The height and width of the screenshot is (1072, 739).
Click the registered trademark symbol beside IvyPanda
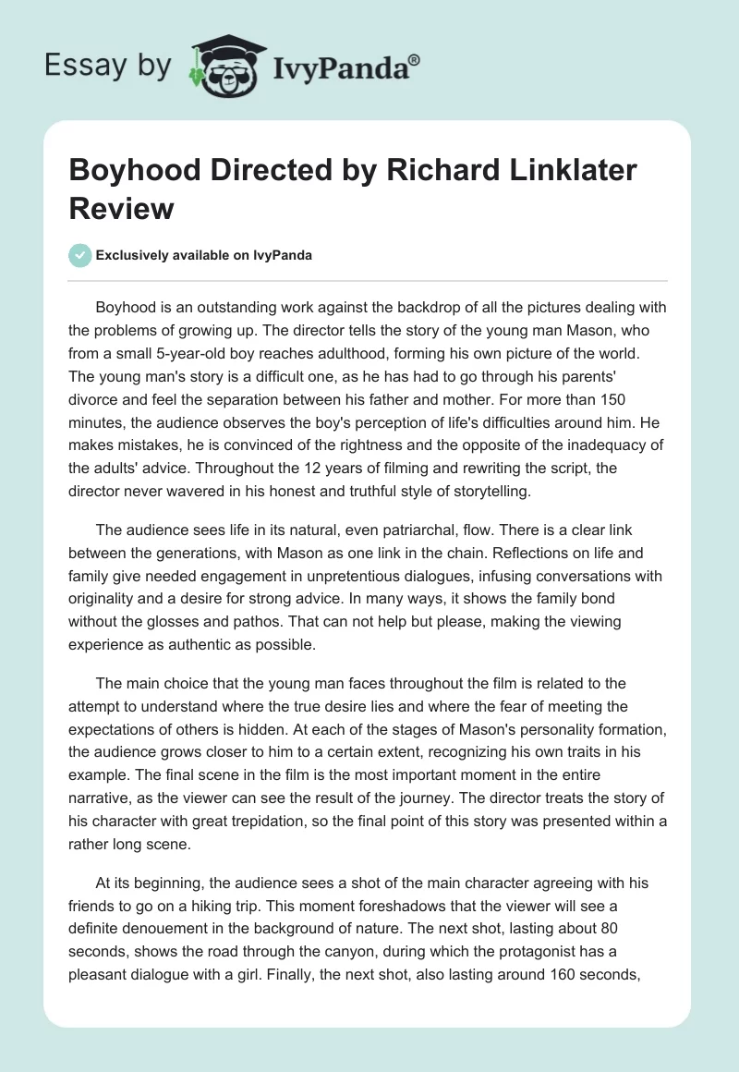coord(415,59)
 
